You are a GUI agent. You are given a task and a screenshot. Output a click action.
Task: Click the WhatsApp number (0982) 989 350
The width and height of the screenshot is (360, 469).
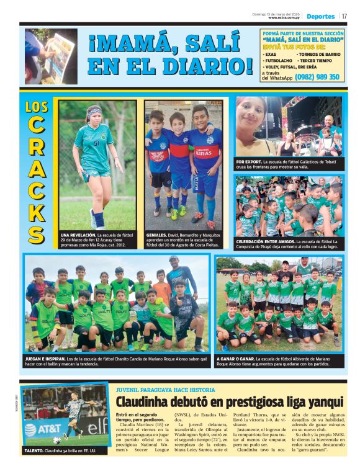[x=317, y=77]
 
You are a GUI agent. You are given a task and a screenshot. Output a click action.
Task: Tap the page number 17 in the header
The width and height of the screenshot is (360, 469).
[x=344, y=16]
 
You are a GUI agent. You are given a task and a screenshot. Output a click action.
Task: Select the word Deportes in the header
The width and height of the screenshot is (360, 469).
[x=320, y=16]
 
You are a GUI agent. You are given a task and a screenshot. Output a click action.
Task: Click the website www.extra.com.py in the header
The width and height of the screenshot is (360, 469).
[x=285, y=18]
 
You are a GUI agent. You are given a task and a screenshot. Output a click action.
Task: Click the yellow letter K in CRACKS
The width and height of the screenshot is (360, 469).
[x=37, y=211]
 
